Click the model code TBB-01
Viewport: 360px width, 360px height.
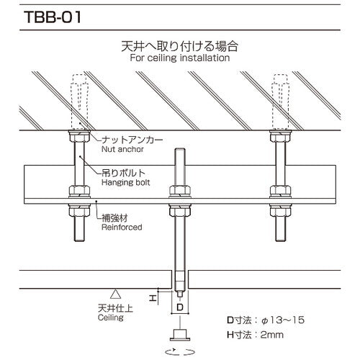pyautogui.click(x=45, y=15)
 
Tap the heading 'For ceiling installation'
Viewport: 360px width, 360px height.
pyautogui.click(x=179, y=58)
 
